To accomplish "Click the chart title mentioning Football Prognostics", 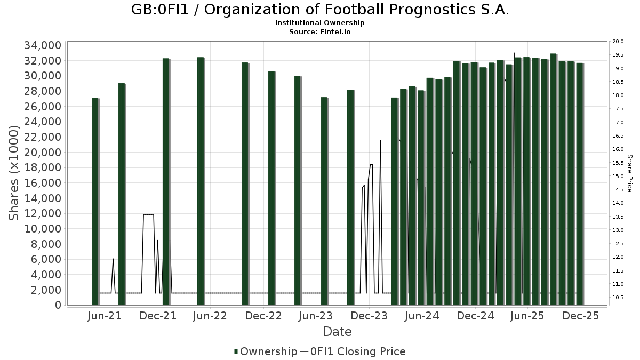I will (320, 10).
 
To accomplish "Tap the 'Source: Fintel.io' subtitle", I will (320, 31).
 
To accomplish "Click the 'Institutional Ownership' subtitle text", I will (320, 23).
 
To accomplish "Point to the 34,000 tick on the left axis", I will (42, 45).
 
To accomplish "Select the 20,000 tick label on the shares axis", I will (42, 153).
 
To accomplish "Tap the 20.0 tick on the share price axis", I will (618, 42).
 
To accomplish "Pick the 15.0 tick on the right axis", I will (618, 177).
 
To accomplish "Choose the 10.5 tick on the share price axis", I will (618, 297).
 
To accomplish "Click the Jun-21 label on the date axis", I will (105, 316).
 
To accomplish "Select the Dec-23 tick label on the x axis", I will (369, 316).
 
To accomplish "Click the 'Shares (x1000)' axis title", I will (14, 172).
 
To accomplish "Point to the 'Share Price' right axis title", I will (629, 173).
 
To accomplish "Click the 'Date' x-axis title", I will (337, 332).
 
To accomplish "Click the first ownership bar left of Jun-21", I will (95, 202).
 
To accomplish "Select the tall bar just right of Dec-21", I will (166, 181).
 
